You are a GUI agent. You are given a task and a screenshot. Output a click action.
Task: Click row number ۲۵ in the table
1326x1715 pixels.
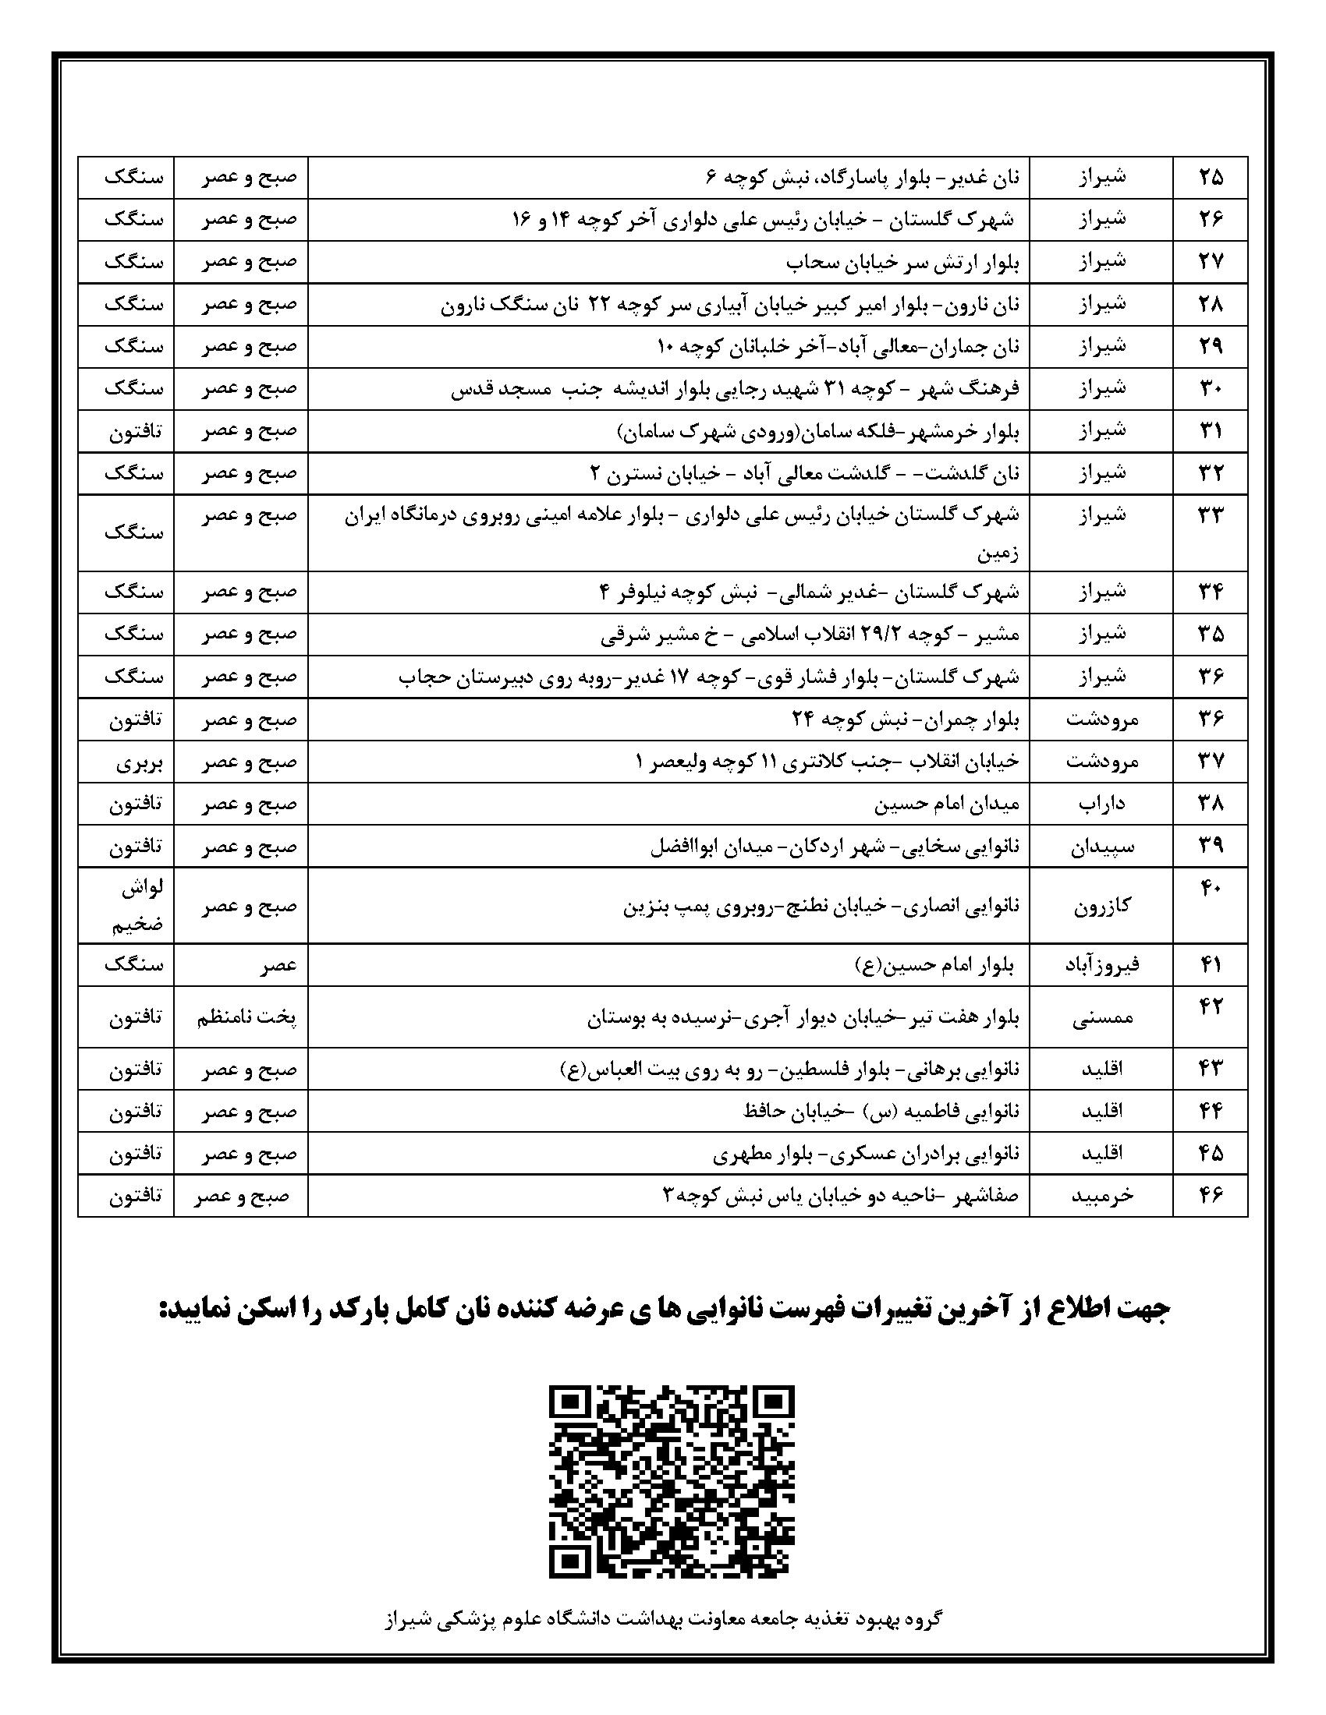point(1211,178)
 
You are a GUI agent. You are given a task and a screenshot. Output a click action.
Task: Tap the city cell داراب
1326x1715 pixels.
point(1101,803)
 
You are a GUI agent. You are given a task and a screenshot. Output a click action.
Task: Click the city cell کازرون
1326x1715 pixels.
point(1101,905)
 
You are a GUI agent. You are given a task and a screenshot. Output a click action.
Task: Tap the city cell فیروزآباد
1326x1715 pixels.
point(1101,965)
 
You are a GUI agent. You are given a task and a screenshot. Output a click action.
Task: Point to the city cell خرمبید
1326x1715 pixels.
point(1101,1195)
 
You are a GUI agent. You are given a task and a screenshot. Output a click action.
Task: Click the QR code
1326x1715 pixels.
point(671,1478)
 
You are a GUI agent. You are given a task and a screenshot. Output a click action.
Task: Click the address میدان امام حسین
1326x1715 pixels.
point(947,803)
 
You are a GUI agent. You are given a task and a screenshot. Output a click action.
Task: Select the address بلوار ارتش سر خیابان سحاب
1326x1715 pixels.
point(902,261)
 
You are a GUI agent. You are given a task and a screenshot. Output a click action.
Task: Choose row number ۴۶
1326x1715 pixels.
point(1211,1195)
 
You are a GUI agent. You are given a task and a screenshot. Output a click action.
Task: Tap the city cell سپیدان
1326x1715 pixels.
point(1101,847)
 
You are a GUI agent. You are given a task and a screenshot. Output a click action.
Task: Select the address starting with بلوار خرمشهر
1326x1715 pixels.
point(817,430)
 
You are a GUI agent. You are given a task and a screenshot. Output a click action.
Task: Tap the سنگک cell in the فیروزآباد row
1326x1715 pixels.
point(133,965)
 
